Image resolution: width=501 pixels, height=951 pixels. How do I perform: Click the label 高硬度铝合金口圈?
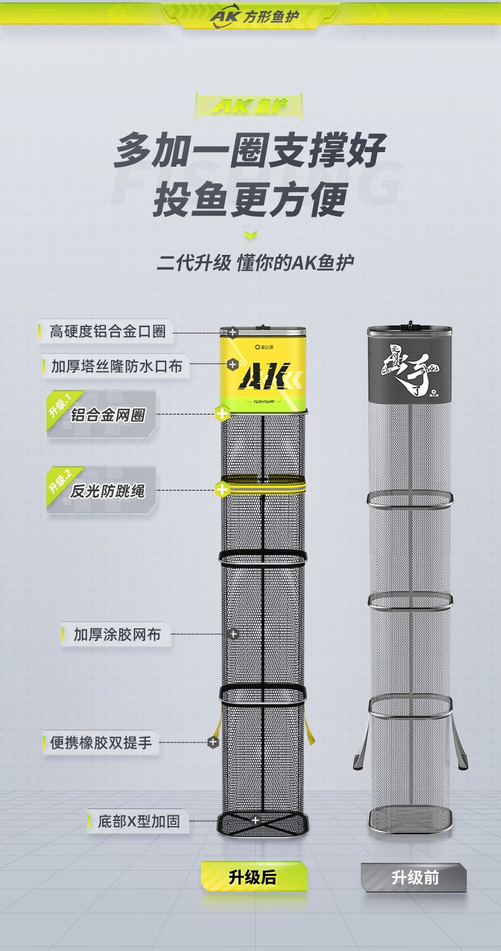click(x=107, y=332)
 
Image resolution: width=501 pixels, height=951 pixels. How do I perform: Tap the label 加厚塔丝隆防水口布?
click(x=116, y=366)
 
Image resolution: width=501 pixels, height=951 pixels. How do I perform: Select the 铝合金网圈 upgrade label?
click(x=107, y=415)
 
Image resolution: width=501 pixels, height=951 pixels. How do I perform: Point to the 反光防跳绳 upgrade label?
click(x=107, y=491)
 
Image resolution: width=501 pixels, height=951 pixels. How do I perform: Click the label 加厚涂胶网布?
click(x=117, y=634)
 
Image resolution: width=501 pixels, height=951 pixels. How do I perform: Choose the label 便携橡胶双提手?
click(x=101, y=742)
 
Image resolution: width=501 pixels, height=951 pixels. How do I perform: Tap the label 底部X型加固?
click(x=138, y=822)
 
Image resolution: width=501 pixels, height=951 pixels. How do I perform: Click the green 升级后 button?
click(x=253, y=877)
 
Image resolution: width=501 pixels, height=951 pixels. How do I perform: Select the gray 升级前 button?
click(x=415, y=878)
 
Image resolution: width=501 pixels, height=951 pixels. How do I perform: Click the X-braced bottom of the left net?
click(x=264, y=825)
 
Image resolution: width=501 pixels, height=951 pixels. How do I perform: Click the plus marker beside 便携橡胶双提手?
click(x=213, y=742)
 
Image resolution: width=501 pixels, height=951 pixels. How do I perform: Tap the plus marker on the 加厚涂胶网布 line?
click(x=233, y=634)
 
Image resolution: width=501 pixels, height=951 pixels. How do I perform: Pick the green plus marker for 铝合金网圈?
click(x=222, y=415)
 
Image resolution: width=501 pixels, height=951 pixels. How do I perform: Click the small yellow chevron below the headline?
click(x=251, y=236)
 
